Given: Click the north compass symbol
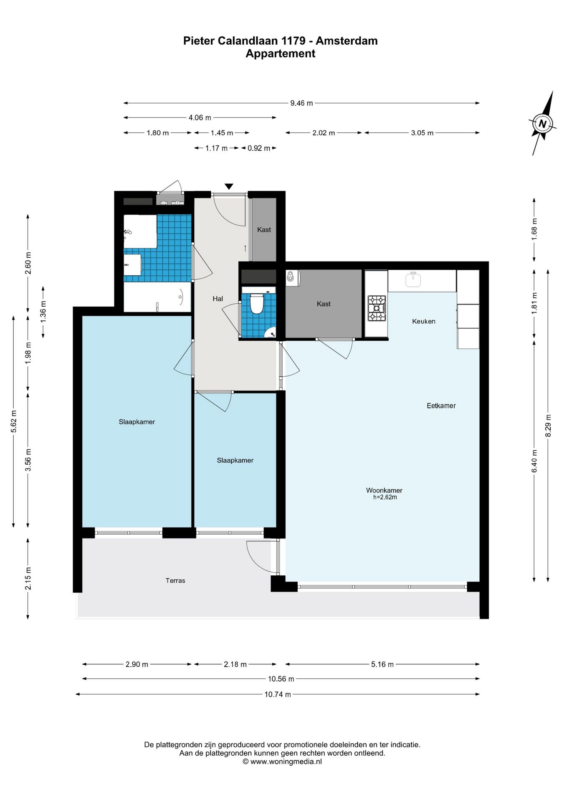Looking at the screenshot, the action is point(542,124).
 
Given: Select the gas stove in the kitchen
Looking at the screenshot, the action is point(376,308).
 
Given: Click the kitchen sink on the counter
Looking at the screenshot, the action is point(413,279).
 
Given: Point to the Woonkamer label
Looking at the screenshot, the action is point(384,490).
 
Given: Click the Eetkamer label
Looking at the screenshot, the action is point(441,406).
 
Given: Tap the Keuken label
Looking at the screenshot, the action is point(423,321).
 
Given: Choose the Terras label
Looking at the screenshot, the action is point(175,581).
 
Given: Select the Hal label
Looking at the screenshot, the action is point(218,299).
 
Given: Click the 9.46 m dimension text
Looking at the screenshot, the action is point(301,103).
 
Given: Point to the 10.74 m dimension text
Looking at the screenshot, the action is point(278,694).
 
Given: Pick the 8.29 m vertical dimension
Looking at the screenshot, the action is point(548,426).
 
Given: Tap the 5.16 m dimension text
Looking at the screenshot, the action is point(382,664).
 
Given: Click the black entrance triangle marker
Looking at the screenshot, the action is point(228,186).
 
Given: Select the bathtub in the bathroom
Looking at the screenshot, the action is point(157,297).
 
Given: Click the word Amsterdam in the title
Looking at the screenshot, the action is point(347,41).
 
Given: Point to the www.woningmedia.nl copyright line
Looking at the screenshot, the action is point(282,761).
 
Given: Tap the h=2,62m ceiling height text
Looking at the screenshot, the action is point(385,497).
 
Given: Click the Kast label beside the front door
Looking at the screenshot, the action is point(264,230).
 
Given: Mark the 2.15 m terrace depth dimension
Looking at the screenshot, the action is point(28,579).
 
